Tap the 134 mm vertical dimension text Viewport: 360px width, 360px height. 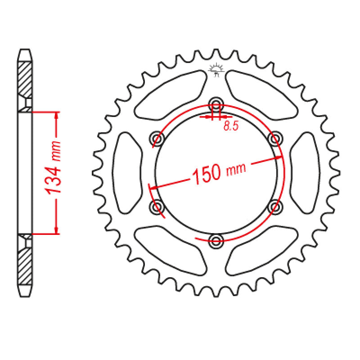point(55,173)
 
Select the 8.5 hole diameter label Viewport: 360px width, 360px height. point(230,127)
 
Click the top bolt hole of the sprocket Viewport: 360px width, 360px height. point(216,105)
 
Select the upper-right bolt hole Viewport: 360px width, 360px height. point(275,138)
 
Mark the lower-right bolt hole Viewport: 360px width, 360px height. point(275,207)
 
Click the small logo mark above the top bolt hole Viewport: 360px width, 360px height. point(216,70)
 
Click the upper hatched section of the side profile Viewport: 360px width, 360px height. point(26,79)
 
